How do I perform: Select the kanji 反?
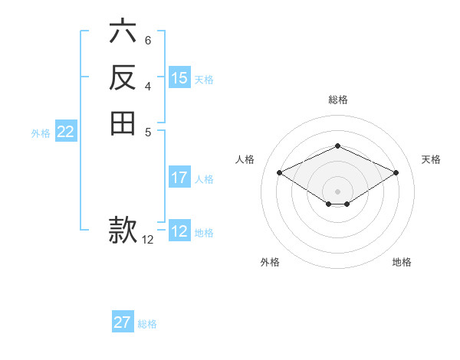(122, 77)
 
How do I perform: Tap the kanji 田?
(122, 123)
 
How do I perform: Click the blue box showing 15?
(179, 78)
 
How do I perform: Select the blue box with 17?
(179, 178)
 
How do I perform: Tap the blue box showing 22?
(66, 132)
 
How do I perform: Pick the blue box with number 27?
(123, 322)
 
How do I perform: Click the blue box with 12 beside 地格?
(179, 231)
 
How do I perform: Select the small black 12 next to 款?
(148, 240)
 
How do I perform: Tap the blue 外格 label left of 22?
(41, 133)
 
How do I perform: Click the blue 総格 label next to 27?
(147, 324)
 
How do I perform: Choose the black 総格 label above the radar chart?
(338, 100)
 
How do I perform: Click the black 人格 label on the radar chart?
(245, 159)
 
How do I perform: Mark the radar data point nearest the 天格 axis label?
(396, 172)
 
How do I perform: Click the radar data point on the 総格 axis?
(338, 146)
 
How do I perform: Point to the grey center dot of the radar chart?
(338, 191)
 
